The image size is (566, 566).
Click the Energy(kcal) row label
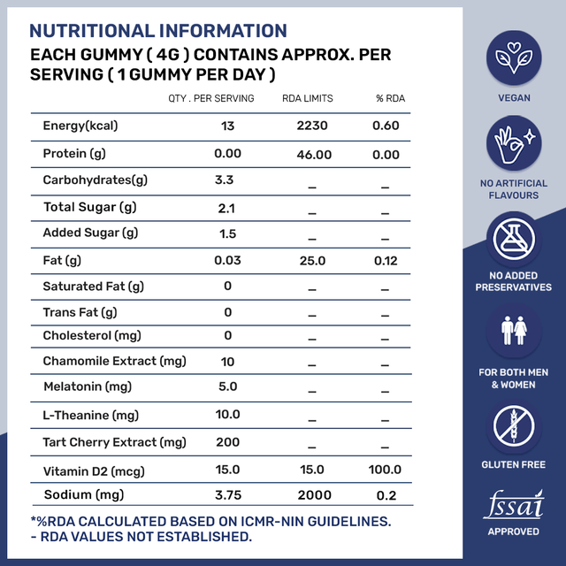click(80, 126)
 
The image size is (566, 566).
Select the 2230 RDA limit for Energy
click(311, 126)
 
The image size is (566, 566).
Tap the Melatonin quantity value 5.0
click(227, 387)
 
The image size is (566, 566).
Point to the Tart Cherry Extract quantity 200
click(227, 442)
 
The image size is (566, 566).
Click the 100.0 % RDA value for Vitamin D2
click(385, 470)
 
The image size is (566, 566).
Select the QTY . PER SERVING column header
click(211, 98)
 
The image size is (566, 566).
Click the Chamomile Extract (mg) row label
click(114, 361)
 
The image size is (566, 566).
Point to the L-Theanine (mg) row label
click(90, 416)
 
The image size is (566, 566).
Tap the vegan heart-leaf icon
click(514, 57)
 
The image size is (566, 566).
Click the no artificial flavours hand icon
click(514, 145)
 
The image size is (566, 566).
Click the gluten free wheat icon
click(514, 424)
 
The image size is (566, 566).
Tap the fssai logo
click(514, 505)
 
